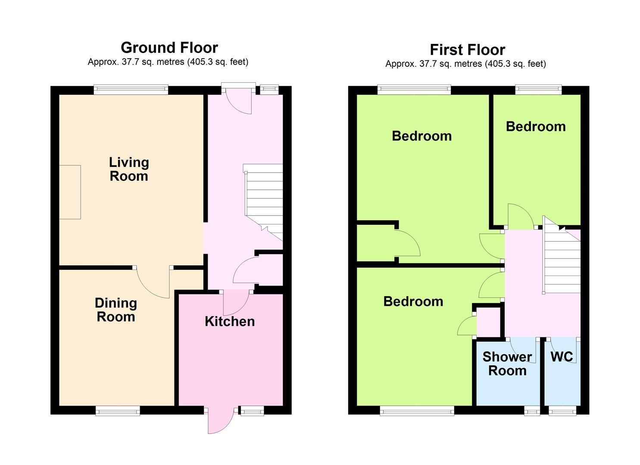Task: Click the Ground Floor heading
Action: point(169,48)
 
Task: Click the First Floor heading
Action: point(468,50)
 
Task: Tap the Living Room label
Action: point(129,169)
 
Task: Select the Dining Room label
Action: point(116,310)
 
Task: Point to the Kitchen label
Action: point(230,322)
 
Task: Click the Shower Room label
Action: point(507,364)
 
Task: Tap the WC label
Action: point(562,356)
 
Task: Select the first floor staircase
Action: point(562,254)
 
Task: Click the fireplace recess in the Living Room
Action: point(70,192)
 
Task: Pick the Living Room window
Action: point(131,90)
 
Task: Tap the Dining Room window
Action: point(118,411)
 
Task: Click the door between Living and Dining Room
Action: point(153,282)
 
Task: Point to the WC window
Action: point(562,411)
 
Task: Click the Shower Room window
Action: point(532,411)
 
